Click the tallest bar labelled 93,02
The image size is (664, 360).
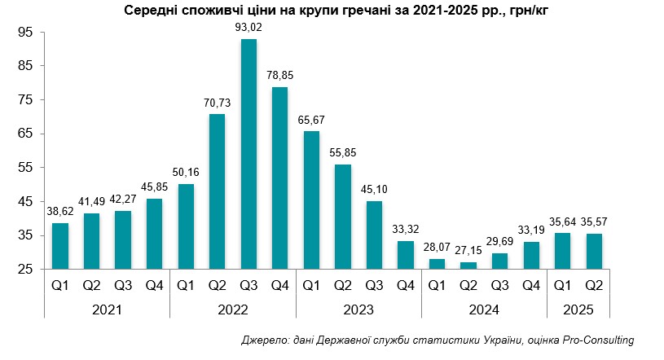pos(249,155)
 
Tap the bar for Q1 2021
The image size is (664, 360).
pos(59,246)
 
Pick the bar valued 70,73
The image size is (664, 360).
pos(218,191)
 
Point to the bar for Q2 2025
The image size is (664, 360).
pos(594,251)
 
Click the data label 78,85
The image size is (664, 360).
pos(280,75)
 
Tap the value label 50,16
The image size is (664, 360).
pos(187,173)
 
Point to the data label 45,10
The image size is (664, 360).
pos(375,190)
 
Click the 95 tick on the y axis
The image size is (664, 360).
pos(24,32)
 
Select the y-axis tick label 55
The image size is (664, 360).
pos(24,167)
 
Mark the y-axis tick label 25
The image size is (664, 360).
pos(24,269)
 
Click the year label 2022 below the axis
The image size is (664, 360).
pos(233,310)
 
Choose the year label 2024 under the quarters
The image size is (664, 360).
pos(485,310)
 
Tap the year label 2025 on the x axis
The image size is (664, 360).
pos(579,310)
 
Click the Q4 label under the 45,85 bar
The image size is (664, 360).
pos(155,286)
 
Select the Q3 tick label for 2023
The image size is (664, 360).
pos(375,286)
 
